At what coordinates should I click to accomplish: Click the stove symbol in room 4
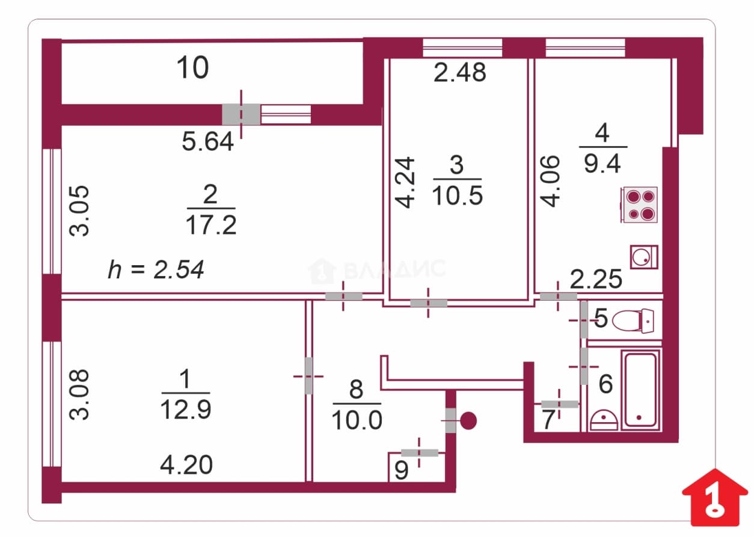[639, 204]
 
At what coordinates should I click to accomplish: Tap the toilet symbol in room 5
[633, 321]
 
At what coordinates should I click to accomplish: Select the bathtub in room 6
[640, 390]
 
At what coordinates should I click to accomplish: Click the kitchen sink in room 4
[644, 257]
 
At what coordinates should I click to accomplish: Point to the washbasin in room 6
[604, 420]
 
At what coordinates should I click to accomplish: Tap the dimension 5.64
[207, 141]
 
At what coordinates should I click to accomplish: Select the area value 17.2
[211, 225]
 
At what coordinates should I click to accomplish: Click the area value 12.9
[186, 409]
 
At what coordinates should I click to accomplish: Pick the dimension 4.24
[404, 182]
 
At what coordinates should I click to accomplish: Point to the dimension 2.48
[460, 72]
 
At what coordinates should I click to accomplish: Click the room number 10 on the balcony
[192, 68]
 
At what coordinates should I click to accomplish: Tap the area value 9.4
[602, 164]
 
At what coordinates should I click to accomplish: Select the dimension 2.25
[596, 279]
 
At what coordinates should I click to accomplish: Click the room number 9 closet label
[401, 470]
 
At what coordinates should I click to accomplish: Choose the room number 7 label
[548, 420]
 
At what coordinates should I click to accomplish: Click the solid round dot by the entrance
[468, 420]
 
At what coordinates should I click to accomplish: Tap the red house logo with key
[715, 497]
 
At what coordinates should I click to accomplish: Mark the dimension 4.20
[186, 465]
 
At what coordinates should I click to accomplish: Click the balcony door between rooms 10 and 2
[241, 114]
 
